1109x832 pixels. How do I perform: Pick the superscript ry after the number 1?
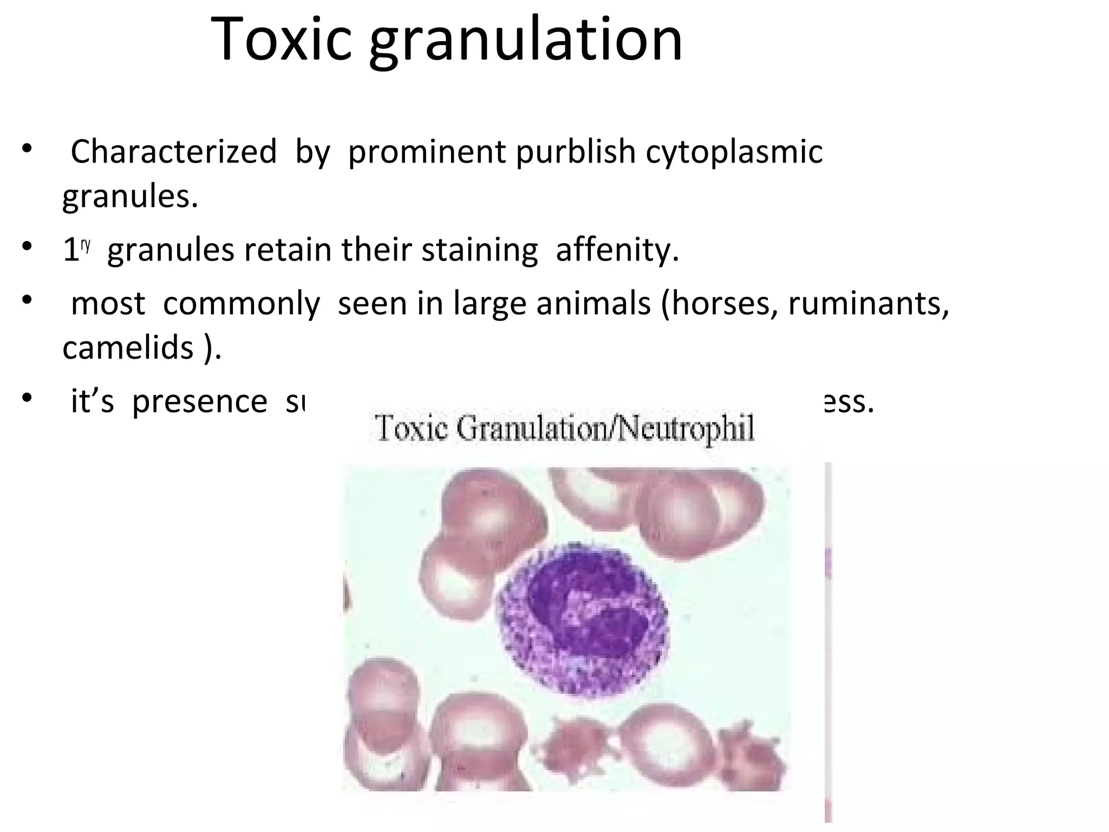(86, 245)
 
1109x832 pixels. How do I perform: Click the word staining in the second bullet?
(479, 251)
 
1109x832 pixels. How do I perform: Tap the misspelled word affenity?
(617, 251)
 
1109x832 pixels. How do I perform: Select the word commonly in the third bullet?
(242, 303)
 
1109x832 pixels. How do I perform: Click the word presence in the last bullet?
(199, 402)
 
